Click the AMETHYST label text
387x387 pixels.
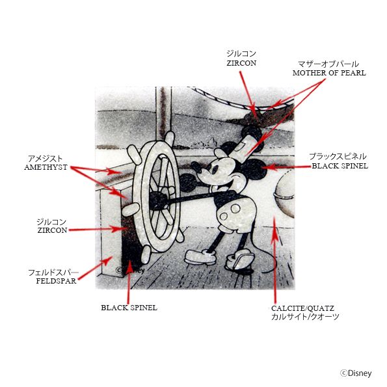46,167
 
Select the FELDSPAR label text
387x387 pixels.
56,281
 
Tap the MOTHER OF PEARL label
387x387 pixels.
329,73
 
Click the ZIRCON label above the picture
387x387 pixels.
241,63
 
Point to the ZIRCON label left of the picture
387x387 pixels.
52,230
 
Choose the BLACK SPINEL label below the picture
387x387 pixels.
129,308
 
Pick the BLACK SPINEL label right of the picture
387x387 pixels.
340,166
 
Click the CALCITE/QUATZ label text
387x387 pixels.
302,308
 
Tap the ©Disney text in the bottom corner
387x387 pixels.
356,373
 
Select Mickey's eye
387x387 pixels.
215,170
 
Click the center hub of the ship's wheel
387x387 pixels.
157,201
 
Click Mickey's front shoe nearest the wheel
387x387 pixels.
200,256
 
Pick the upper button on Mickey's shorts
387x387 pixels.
235,209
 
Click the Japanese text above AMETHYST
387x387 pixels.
46,159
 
